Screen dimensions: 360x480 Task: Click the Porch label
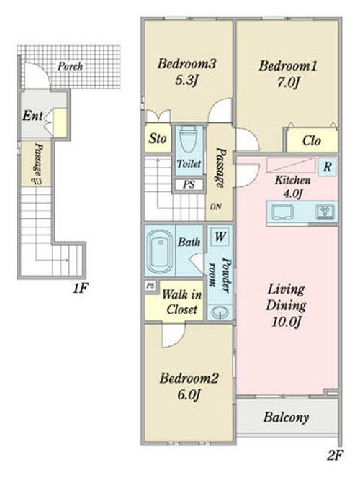(70, 66)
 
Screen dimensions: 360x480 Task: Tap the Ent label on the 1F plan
(32, 116)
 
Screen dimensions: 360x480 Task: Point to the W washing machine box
(220, 236)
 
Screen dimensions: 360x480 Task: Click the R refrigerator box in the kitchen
(327, 167)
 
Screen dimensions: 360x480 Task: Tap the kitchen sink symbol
(282, 212)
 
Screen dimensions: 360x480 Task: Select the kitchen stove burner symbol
(325, 212)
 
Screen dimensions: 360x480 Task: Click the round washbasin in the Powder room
(220, 312)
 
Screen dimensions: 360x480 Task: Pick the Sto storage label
(158, 139)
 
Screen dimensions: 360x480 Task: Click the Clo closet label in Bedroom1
(312, 141)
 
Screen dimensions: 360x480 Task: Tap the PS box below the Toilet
(189, 185)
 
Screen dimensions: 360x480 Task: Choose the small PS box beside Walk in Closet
(150, 286)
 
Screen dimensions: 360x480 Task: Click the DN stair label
(216, 207)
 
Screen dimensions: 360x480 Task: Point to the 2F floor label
(335, 456)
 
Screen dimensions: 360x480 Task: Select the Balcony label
(286, 417)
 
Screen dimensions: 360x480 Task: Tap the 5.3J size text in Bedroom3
(186, 81)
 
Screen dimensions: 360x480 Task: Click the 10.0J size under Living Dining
(287, 322)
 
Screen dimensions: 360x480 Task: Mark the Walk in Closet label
(181, 302)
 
